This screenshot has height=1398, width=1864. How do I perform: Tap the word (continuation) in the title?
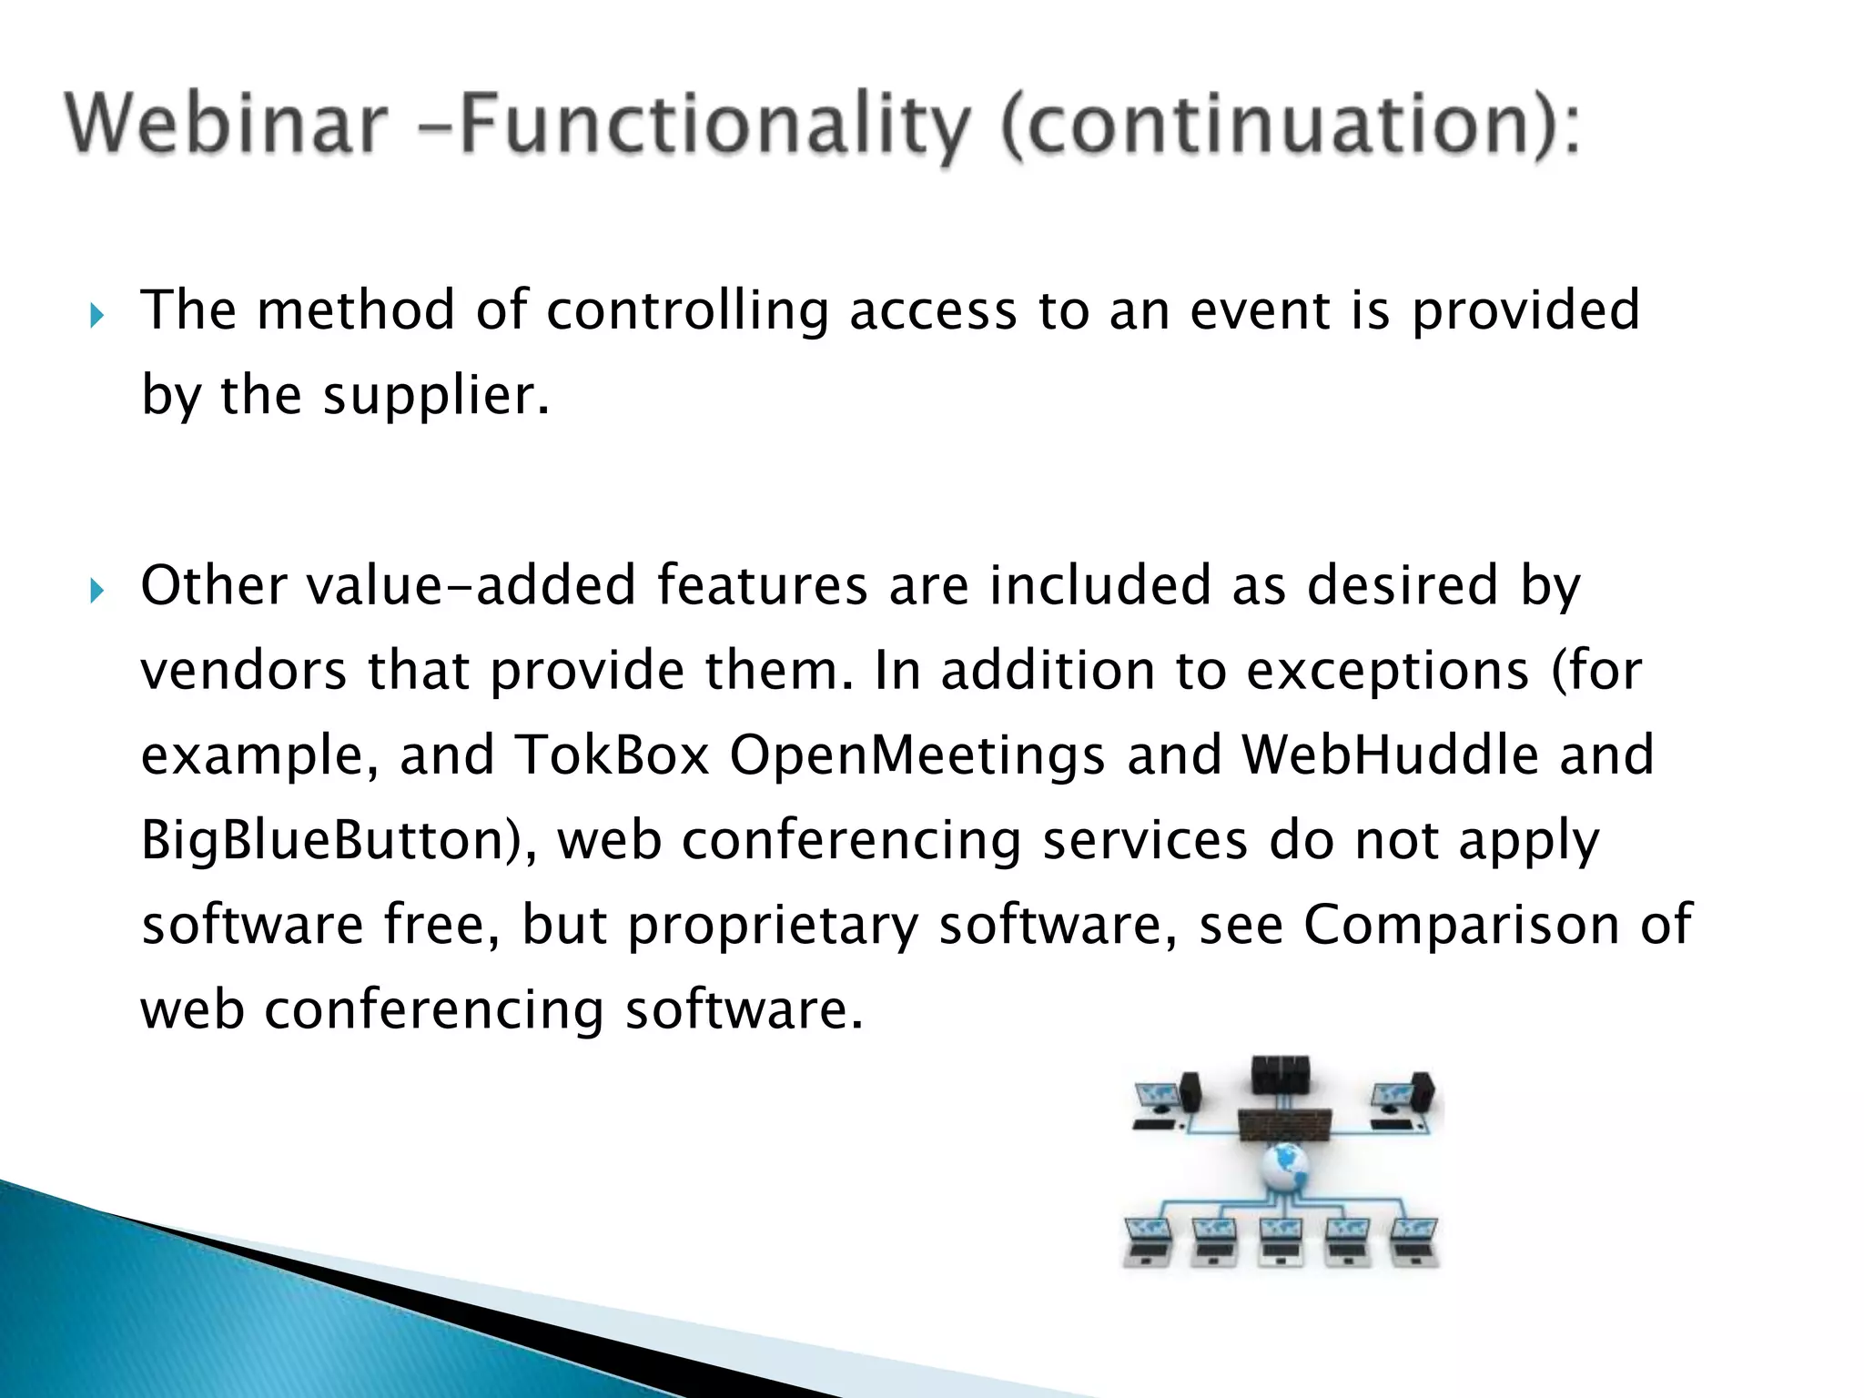[x=1287, y=127]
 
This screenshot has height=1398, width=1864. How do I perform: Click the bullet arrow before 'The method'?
[x=97, y=317]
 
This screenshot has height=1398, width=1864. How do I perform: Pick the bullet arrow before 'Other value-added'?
[x=97, y=593]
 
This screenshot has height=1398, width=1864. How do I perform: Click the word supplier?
[x=435, y=396]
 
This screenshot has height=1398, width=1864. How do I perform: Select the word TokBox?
[x=612, y=755]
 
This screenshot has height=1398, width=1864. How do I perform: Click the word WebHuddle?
[x=1390, y=755]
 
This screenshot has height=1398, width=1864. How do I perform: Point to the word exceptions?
[x=1387, y=672]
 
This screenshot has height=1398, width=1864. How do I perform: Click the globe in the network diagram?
[x=1284, y=1167]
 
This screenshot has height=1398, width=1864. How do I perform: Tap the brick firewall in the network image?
[x=1284, y=1126]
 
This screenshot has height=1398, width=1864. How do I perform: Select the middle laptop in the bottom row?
[x=1281, y=1241]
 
